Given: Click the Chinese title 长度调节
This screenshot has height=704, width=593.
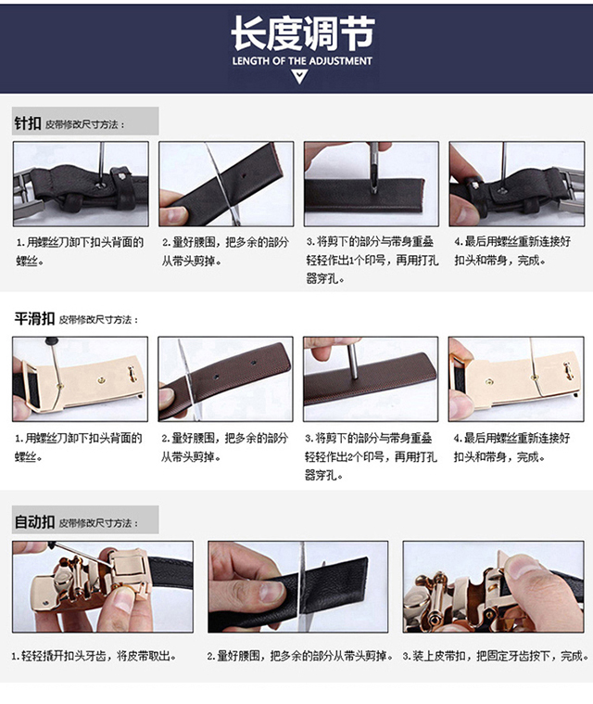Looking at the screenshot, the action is pyautogui.click(x=302, y=32).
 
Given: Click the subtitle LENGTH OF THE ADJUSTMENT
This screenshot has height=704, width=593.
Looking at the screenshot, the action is pyautogui.click(x=302, y=61).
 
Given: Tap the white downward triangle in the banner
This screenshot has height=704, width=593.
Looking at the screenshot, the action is pyautogui.click(x=299, y=76).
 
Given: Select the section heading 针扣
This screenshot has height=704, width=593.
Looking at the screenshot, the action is pyautogui.click(x=28, y=122).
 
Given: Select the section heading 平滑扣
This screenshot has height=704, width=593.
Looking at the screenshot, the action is pyautogui.click(x=34, y=318).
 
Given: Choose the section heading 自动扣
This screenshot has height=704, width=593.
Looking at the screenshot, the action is pyautogui.click(x=34, y=521).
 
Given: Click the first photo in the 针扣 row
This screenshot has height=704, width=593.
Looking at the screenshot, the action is pyautogui.click(x=81, y=184).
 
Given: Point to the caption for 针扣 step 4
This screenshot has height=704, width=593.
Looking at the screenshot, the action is pyautogui.click(x=512, y=250).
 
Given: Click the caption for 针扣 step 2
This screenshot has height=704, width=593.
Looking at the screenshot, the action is pyautogui.click(x=225, y=251).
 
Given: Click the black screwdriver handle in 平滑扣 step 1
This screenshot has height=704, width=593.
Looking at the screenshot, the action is pyautogui.click(x=52, y=341).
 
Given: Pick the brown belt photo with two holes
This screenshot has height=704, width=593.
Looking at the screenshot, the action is pyautogui.click(x=226, y=379).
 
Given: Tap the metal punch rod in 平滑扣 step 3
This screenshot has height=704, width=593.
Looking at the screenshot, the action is pyautogui.click(x=353, y=362).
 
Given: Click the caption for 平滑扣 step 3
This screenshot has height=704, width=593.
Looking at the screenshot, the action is pyautogui.click(x=371, y=456).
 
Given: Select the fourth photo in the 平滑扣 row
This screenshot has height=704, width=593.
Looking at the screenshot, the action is pyautogui.click(x=516, y=379).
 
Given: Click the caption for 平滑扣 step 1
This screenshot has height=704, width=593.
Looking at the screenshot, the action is pyautogui.click(x=79, y=447).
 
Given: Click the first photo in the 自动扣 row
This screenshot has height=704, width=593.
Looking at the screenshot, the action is pyautogui.click(x=103, y=587).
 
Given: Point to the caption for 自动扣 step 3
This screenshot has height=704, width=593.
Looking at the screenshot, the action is pyautogui.click(x=496, y=656).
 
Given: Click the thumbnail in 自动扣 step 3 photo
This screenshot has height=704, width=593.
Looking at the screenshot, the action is pyautogui.click(x=522, y=567).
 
